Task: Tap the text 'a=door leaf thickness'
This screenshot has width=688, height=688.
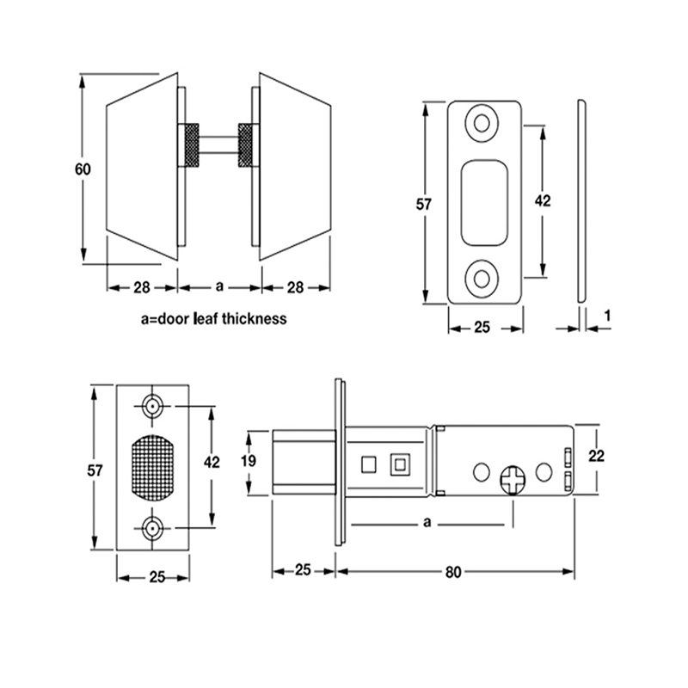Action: point(213,318)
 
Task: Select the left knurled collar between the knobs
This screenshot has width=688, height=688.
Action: point(187,146)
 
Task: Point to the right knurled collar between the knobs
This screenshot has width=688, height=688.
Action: point(247,146)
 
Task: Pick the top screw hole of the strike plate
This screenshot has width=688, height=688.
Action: point(482,122)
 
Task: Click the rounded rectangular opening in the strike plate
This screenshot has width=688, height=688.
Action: point(483,201)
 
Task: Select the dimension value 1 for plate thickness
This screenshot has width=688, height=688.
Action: point(607,316)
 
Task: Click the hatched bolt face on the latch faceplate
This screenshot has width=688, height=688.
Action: point(153,468)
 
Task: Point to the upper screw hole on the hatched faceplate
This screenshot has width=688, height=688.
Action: point(153,405)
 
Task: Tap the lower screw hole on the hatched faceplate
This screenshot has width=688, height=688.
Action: point(153,528)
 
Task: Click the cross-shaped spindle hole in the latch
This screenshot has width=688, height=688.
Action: point(513,479)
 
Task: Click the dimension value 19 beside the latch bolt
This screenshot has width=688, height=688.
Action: point(248,461)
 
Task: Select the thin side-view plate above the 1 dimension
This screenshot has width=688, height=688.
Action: point(580,202)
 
